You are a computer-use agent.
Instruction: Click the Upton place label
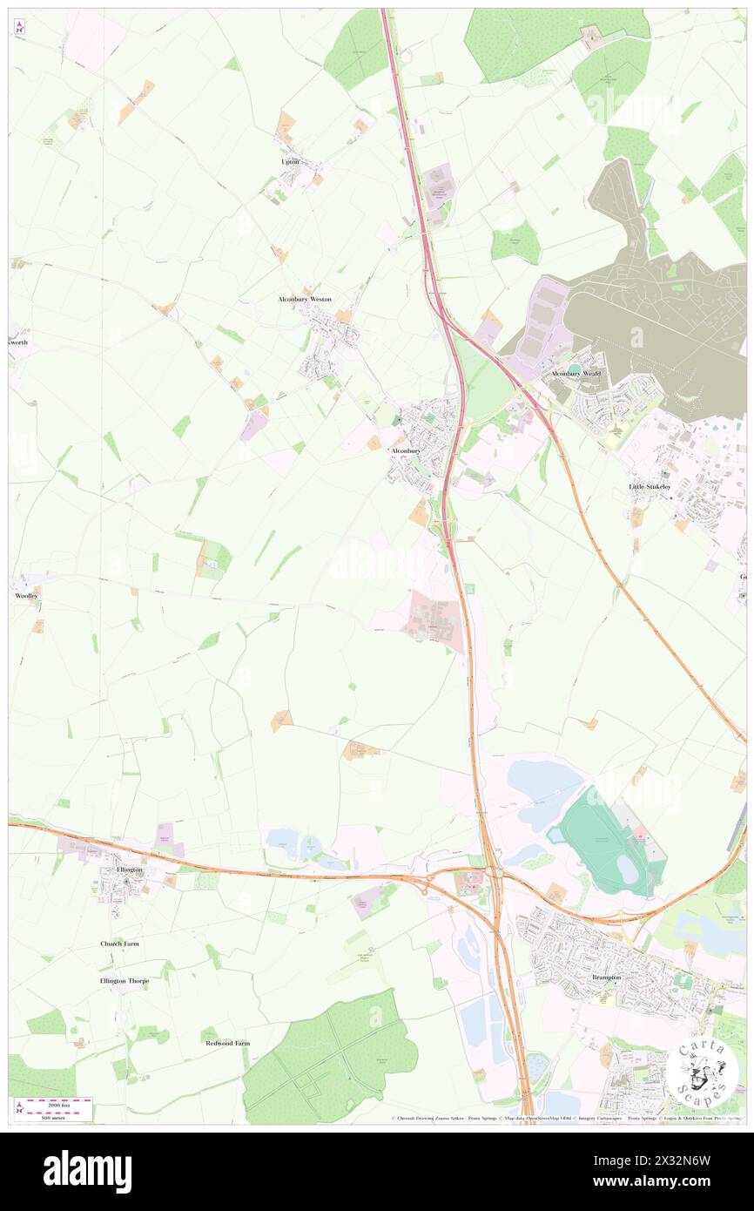pyautogui.click(x=290, y=162)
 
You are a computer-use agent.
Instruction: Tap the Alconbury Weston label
pyautogui.click(x=305, y=299)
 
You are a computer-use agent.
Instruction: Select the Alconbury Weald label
pyautogui.click(x=576, y=374)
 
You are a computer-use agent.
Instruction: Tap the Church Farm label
pyautogui.click(x=119, y=944)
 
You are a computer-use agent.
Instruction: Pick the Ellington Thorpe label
pyautogui.click(x=125, y=981)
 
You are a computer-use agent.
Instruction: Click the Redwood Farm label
pyautogui.click(x=227, y=1043)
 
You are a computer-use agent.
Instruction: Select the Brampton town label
pyautogui.click(x=607, y=978)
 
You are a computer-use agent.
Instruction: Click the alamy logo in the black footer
pyautogui.click(x=87, y=1172)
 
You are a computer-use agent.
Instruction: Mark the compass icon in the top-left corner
pyautogui.click(x=19, y=27)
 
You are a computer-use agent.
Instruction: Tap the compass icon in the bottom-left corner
pyautogui.click(x=19, y=1106)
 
